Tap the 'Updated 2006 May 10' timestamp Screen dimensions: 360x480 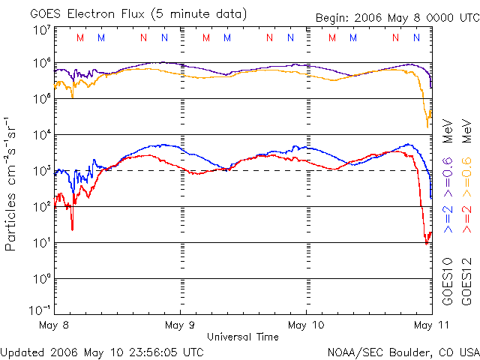[102, 351]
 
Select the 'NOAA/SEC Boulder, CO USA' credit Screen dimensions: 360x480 [403, 351]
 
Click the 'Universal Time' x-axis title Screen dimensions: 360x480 [243, 337]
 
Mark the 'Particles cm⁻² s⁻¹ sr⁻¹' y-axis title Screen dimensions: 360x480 [13, 183]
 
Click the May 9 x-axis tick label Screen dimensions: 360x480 [180, 325]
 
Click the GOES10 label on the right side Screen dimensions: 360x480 [448, 280]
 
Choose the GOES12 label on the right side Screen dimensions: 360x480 [466, 280]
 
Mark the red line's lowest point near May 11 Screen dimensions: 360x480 [427, 244]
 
